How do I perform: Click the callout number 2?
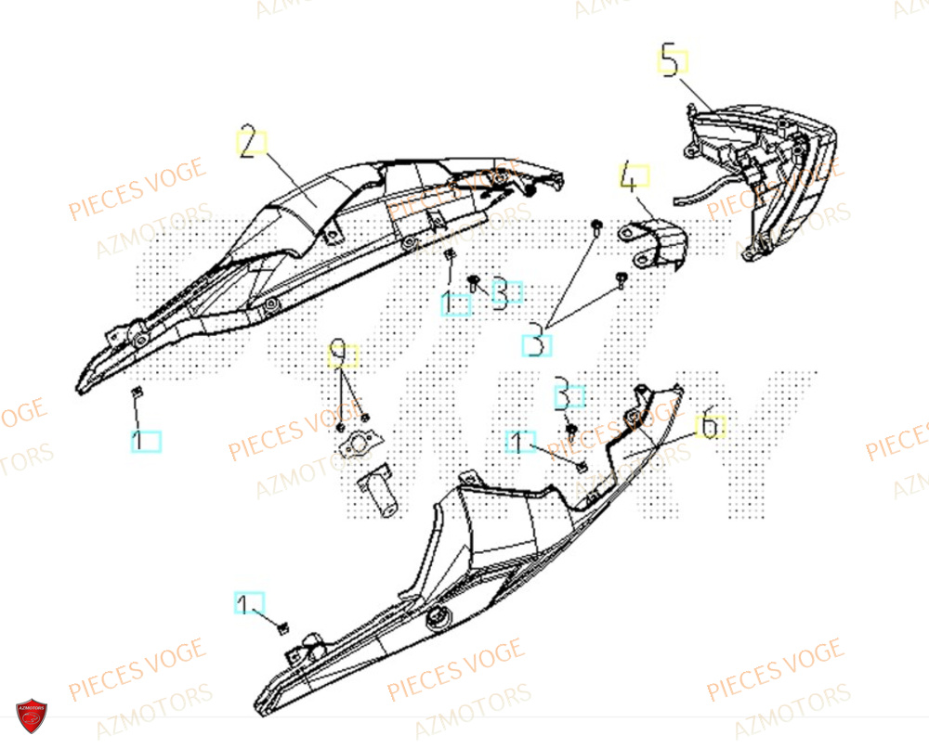[x=248, y=143]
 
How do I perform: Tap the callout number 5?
[x=673, y=61]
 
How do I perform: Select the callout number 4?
[x=634, y=175]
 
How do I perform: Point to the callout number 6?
[x=709, y=426]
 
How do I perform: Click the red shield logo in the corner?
[x=32, y=716]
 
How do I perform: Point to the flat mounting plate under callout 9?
[x=357, y=446]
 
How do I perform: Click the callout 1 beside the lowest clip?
[x=248, y=604]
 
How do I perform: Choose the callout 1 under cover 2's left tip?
[x=145, y=441]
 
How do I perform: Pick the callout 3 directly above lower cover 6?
[x=569, y=395]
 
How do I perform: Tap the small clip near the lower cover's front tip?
[x=281, y=629]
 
